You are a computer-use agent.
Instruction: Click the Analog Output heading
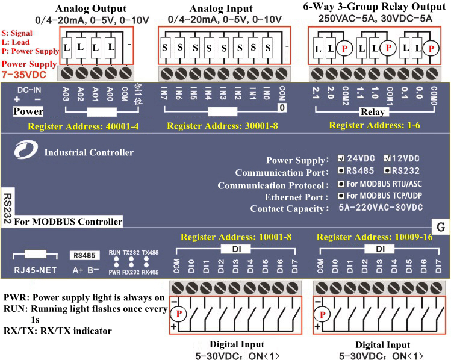pyautogui.click(x=91, y=8)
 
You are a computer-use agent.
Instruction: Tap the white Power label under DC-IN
pyautogui.click(x=28, y=111)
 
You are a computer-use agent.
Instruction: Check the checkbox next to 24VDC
pyautogui.click(x=341, y=160)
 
